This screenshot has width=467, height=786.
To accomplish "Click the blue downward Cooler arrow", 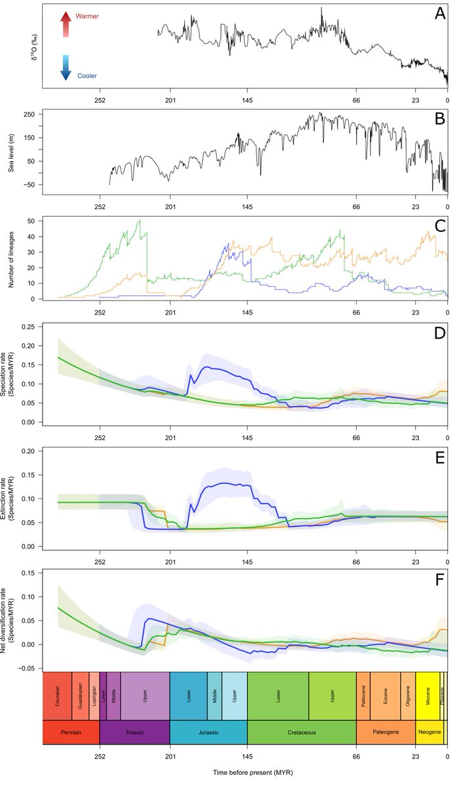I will [x=66, y=68].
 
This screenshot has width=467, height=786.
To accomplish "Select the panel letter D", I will [x=439, y=332].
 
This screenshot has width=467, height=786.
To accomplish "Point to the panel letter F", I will [x=439, y=578].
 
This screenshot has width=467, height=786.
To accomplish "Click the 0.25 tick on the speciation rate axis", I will [x=28, y=326].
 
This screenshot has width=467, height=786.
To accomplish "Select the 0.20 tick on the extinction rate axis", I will [x=28, y=451].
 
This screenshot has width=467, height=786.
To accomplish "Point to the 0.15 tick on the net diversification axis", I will [x=28, y=573].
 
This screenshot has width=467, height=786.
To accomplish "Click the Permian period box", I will [x=71, y=732].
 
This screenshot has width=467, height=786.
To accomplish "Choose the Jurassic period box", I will [x=209, y=732].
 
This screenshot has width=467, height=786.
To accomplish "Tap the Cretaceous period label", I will [x=302, y=732].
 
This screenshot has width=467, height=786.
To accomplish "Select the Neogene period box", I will [x=429, y=732].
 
